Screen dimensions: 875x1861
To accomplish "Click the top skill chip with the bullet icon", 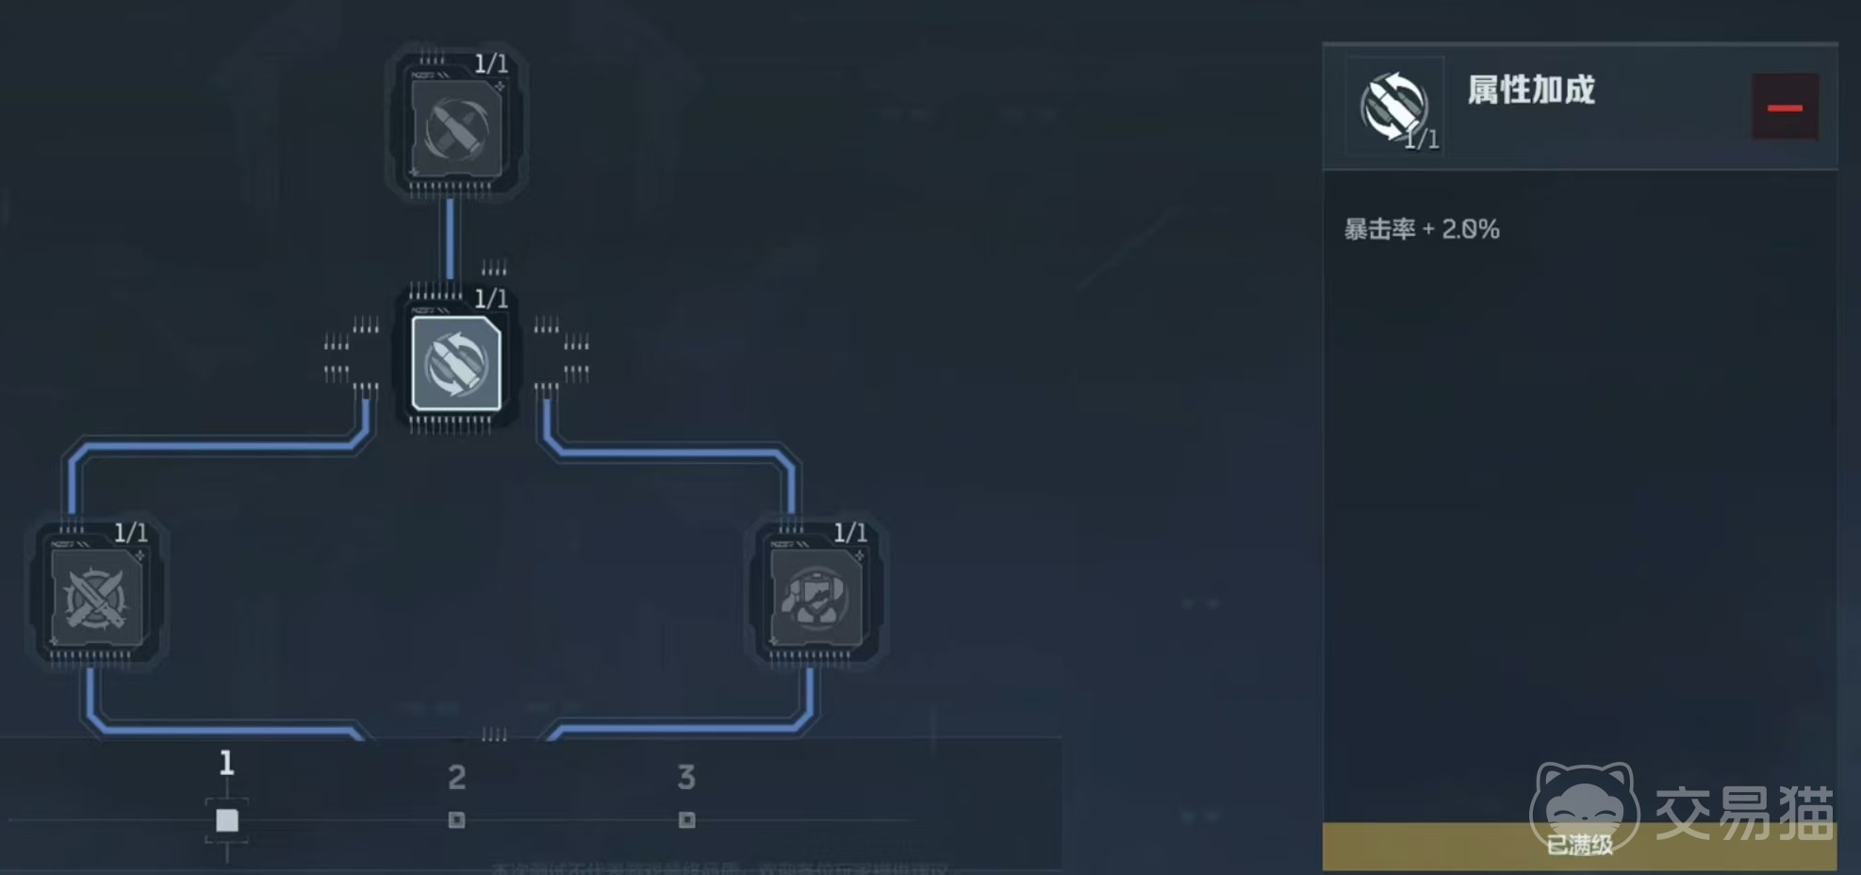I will pyautogui.click(x=456, y=127).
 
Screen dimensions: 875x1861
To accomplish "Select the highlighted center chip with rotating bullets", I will pyautogui.click(x=456, y=363).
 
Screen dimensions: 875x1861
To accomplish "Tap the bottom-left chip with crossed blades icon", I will pyautogui.click(x=96, y=598).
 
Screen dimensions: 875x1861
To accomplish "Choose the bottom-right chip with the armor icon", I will pyautogui.click(x=815, y=598).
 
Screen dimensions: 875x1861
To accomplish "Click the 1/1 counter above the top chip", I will pyautogui.click(x=490, y=64).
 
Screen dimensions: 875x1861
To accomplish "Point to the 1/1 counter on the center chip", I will pyautogui.click(x=490, y=299).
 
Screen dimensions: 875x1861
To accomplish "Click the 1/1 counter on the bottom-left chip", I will pyautogui.click(x=130, y=533).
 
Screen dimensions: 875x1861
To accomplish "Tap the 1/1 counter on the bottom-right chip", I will pyautogui.click(x=849, y=533).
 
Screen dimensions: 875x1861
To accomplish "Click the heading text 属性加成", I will pyautogui.click(x=1530, y=91).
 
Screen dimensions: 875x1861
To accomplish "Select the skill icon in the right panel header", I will pyautogui.click(x=1393, y=106).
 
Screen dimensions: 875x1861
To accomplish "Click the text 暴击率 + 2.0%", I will pyautogui.click(x=1421, y=229).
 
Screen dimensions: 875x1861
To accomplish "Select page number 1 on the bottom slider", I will pyautogui.click(x=226, y=762).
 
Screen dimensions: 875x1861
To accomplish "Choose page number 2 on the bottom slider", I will pyautogui.click(x=456, y=778).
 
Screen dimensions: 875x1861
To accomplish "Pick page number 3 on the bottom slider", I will pyautogui.click(x=686, y=778).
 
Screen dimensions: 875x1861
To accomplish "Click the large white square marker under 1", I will pyautogui.click(x=226, y=820).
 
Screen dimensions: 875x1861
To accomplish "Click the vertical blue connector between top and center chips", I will pyautogui.click(x=451, y=238).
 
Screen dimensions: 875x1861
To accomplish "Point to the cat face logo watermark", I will pyautogui.click(x=1584, y=801).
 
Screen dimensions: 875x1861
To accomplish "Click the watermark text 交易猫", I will pyautogui.click(x=1744, y=813).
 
